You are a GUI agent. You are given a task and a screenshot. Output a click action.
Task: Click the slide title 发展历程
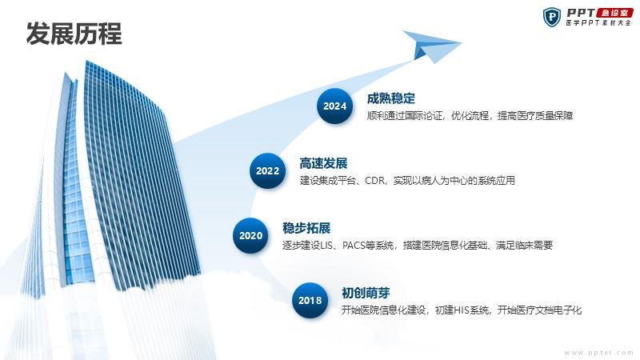[74, 34]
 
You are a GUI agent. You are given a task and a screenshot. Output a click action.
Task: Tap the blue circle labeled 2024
[334, 106]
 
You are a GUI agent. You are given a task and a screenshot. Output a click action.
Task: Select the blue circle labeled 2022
[267, 170]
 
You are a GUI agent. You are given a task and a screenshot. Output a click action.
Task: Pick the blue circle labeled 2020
[250, 235]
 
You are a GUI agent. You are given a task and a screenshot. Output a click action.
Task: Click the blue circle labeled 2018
[310, 301]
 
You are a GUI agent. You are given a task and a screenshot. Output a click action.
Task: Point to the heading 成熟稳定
[390, 98]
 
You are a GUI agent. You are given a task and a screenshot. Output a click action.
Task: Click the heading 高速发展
[323, 163]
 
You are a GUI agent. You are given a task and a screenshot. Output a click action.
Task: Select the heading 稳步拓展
[306, 228]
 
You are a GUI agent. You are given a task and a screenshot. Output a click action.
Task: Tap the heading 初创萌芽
[366, 293]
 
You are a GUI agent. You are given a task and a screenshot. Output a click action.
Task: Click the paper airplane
[430, 46]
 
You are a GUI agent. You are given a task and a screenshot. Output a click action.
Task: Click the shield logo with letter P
[552, 17]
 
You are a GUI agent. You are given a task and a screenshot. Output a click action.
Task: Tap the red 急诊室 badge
[614, 13]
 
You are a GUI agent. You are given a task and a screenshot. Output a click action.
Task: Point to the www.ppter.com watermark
[598, 353]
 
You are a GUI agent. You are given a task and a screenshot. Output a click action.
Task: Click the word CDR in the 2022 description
[374, 181]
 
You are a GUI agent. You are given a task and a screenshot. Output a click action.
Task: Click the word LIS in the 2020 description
[326, 246]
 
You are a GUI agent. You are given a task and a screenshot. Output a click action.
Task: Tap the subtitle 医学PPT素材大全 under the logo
[598, 23]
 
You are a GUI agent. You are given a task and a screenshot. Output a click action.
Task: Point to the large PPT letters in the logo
[581, 13]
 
